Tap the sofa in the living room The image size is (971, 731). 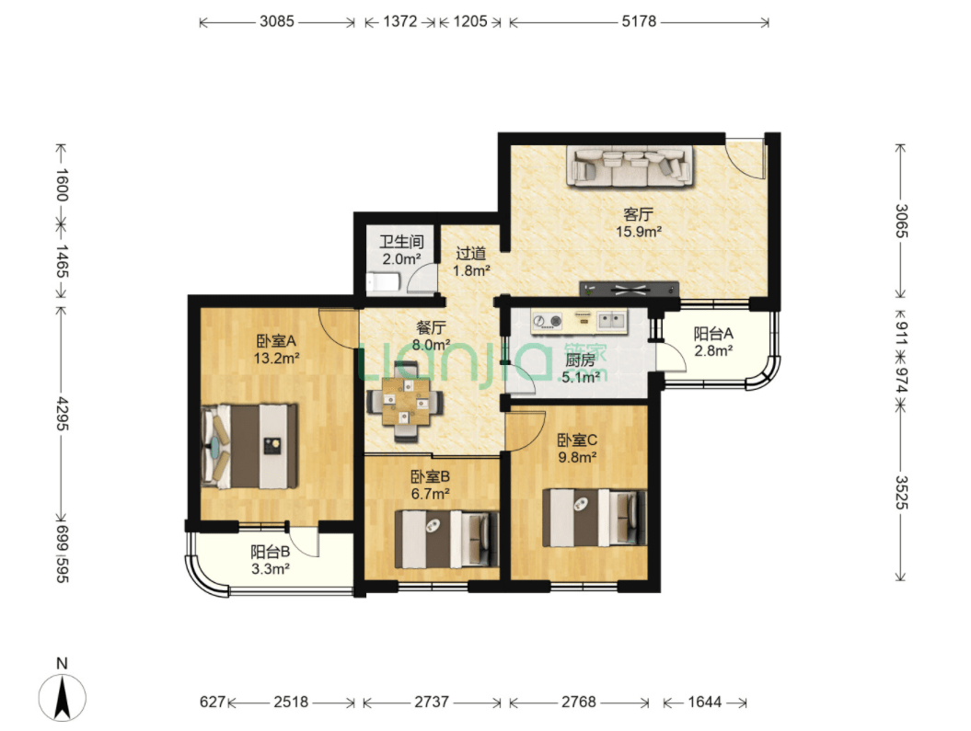point(630,166)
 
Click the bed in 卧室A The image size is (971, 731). point(249,445)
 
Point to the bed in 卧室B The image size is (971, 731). point(446,539)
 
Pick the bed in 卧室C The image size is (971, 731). point(595,518)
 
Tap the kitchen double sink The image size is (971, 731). point(612,321)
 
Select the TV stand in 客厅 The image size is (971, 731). point(630,289)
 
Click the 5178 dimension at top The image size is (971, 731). point(639,22)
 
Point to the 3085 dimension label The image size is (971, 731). point(277,22)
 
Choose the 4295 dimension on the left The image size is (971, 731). point(62,414)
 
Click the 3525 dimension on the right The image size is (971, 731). point(901,492)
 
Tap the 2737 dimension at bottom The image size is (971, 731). point(432,702)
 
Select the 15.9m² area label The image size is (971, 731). point(639,232)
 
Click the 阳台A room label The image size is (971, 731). point(713,334)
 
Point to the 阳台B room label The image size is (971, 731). point(270,552)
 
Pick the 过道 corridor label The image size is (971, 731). point(471,254)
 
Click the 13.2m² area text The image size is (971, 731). point(277,358)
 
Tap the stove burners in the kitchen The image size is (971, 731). point(548,321)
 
